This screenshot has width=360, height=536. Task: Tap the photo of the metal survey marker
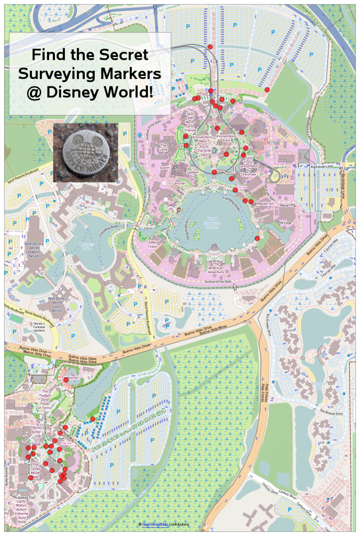click(x=86, y=153)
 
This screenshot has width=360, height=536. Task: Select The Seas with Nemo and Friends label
click(x=190, y=121)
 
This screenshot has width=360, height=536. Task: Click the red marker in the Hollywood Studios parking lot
click(x=93, y=419)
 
